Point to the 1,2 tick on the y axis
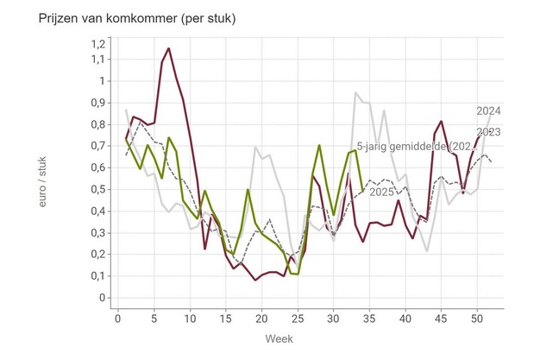(x=97, y=43)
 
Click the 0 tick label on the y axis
(x=102, y=298)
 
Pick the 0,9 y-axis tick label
(x=97, y=103)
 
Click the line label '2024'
(x=489, y=111)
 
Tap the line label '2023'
(x=489, y=131)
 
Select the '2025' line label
(x=382, y=192)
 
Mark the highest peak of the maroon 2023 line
(x=169, y=48)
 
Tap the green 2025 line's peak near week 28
(x=319, y=146)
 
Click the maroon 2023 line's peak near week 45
(x=441, y=122)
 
